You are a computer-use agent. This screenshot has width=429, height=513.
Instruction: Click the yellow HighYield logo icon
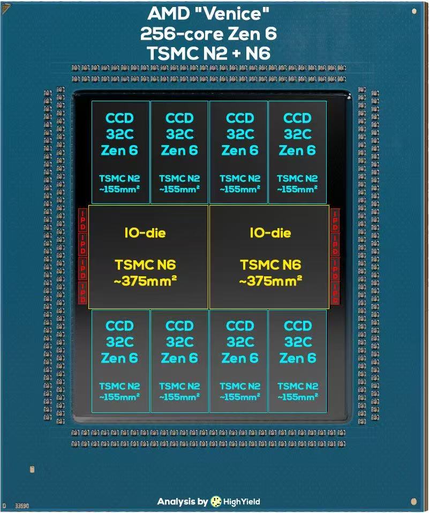(x=216, y=502)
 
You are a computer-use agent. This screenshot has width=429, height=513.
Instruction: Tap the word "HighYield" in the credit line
(x=242, y=502)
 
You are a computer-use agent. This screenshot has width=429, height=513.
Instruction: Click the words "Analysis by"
(x=182, y=502)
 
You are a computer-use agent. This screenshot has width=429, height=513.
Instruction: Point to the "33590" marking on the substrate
(x=22, y=505)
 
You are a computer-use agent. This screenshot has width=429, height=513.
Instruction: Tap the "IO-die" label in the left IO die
(x=145, y=233)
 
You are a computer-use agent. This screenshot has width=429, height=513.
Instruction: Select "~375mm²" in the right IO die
(x=270, y=281)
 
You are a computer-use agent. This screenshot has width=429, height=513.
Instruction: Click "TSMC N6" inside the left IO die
(x=145, y=265)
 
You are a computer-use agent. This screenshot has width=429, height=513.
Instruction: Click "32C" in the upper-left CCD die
(x=119, y=134)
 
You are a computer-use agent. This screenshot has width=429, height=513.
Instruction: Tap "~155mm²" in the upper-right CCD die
(x=297, y=188)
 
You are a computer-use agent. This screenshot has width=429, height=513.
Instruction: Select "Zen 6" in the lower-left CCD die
(x=119, y=358)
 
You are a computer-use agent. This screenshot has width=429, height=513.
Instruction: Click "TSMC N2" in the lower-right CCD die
(x=297, y=386)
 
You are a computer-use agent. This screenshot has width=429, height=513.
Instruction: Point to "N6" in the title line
(x=260, y=53)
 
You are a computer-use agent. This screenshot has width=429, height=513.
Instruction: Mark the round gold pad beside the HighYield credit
(x=413, y=502)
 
